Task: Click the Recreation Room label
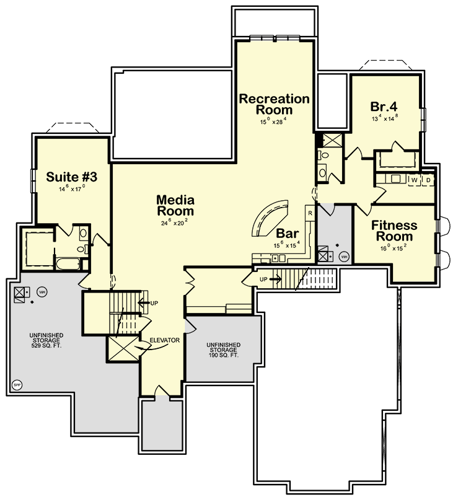(274, 104)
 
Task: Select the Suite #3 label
(72, 177)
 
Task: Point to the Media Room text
(175, 206)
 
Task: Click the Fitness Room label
(394, 231)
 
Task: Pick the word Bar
(288, 234)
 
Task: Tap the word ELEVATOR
(164, 340)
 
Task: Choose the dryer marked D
(428, 180)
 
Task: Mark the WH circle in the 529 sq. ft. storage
(42, 291)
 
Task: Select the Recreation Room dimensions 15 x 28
(274, 122)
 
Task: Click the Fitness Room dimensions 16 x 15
(394, 248)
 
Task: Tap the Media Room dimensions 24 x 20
(175, 222)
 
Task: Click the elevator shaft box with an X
(121, 348)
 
